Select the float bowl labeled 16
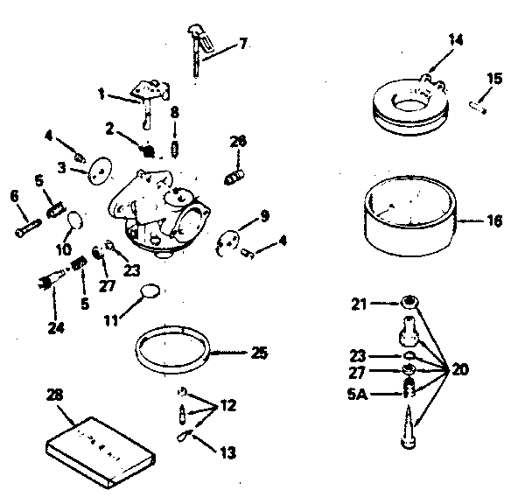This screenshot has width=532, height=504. click(410, 222)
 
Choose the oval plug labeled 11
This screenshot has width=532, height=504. click(151, 290)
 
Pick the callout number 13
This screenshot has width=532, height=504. click(228, 452)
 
